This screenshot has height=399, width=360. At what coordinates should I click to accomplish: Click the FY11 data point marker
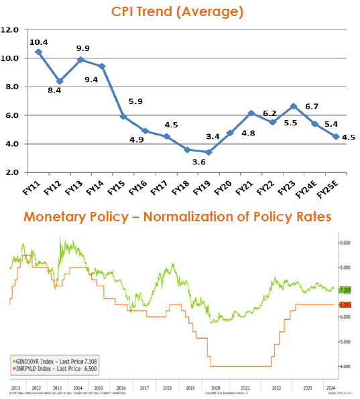38,52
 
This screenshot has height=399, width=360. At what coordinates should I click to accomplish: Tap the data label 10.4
38,42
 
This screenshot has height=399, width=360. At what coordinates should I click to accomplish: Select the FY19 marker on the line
208,152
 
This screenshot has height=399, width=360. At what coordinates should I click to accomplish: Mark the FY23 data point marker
294,106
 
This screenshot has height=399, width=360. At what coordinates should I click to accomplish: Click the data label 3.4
213,137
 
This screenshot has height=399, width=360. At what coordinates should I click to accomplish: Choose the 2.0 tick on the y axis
12,172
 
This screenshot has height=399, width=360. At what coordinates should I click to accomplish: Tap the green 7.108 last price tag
345,290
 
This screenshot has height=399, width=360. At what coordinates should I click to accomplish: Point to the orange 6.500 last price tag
345,304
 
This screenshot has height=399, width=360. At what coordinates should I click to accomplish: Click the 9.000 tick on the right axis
345,243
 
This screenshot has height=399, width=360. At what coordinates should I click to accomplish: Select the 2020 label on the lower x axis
214,388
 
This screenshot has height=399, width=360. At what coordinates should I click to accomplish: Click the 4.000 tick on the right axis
345,366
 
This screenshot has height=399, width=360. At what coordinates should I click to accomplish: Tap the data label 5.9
136,102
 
